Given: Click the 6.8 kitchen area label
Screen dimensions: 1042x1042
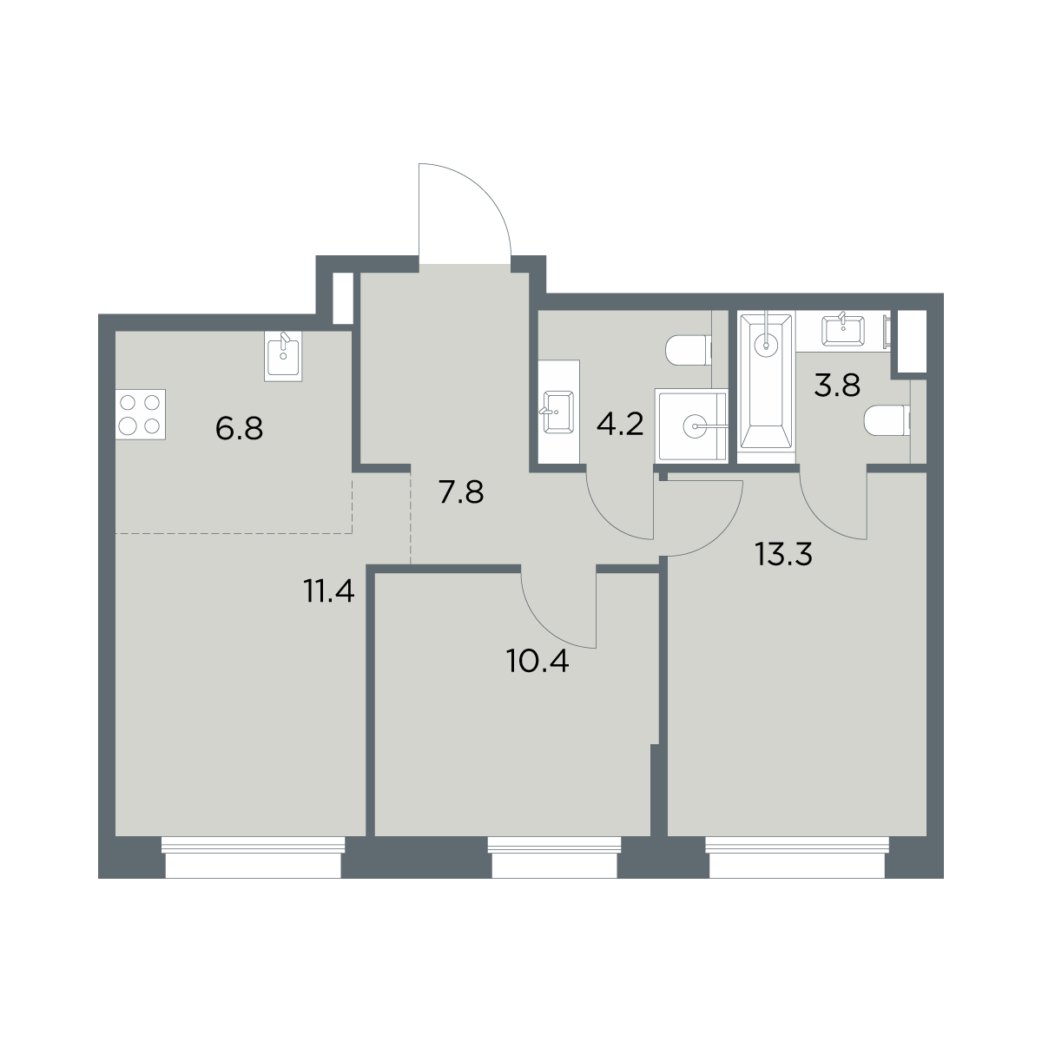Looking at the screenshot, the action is [239, 429].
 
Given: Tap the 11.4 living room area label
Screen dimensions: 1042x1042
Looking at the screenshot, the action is [329, 590].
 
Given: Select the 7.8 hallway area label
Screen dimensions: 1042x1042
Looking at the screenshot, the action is [461, 492].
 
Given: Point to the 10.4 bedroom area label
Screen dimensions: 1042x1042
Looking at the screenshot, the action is [537, 662].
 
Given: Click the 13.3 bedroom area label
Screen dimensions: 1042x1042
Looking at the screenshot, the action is [783, 554].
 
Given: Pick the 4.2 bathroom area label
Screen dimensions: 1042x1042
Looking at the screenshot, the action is [620, 424].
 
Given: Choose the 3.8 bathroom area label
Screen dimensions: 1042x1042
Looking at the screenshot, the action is [837, 386].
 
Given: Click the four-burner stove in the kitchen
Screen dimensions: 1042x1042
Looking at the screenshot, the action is [141, 414].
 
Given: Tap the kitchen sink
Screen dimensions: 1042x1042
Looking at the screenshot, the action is [283, 356].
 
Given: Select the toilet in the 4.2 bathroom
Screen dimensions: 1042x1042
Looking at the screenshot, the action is [689, 350].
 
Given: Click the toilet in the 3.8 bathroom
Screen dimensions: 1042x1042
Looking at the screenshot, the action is [887, 420].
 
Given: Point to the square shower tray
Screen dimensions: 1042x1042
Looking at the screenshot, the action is [691, 425].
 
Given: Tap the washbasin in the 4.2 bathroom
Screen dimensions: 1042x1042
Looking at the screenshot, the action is [559, 412].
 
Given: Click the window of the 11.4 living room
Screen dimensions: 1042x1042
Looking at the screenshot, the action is [253, 857].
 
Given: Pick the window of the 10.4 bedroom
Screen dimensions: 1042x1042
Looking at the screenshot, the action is [554, 857].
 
